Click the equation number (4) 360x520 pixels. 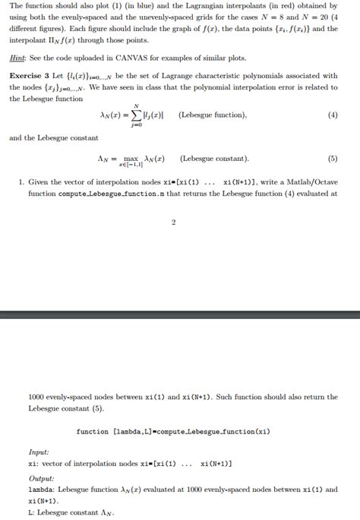tap(332, 115)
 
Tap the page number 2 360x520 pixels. tap(173, 222)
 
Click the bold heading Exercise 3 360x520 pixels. tap(33, 76)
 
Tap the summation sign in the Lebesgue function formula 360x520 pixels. tap(135, 115)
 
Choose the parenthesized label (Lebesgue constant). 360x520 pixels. tap(214, 159)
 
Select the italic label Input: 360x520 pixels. tap(39, 452)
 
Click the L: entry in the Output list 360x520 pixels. tap(31, 512)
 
